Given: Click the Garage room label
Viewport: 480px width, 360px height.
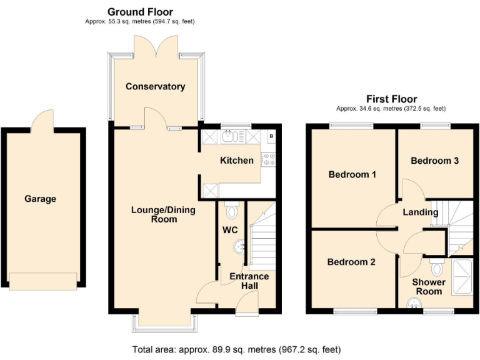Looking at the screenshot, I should pos(41,199).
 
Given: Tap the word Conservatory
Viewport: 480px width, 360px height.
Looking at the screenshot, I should pos(155,86).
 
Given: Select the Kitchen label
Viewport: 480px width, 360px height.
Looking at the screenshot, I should pos(237,161).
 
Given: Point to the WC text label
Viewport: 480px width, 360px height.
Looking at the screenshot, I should pos(230,229).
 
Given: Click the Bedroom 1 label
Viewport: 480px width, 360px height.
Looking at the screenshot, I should pos(352,174).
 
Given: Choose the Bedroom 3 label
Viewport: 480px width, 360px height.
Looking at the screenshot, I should pos(434,161).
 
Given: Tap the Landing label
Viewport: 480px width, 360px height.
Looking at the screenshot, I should pos(420,212).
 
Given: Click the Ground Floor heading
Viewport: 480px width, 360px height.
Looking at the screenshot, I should pos(140,12).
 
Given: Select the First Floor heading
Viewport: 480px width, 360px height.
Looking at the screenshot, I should pos(391,99).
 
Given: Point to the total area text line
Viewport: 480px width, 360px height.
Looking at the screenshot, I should pos(236,349).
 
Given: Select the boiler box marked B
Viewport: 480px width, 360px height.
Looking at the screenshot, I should pos(271,135).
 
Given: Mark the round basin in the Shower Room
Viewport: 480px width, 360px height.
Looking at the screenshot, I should pos(413,304).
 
